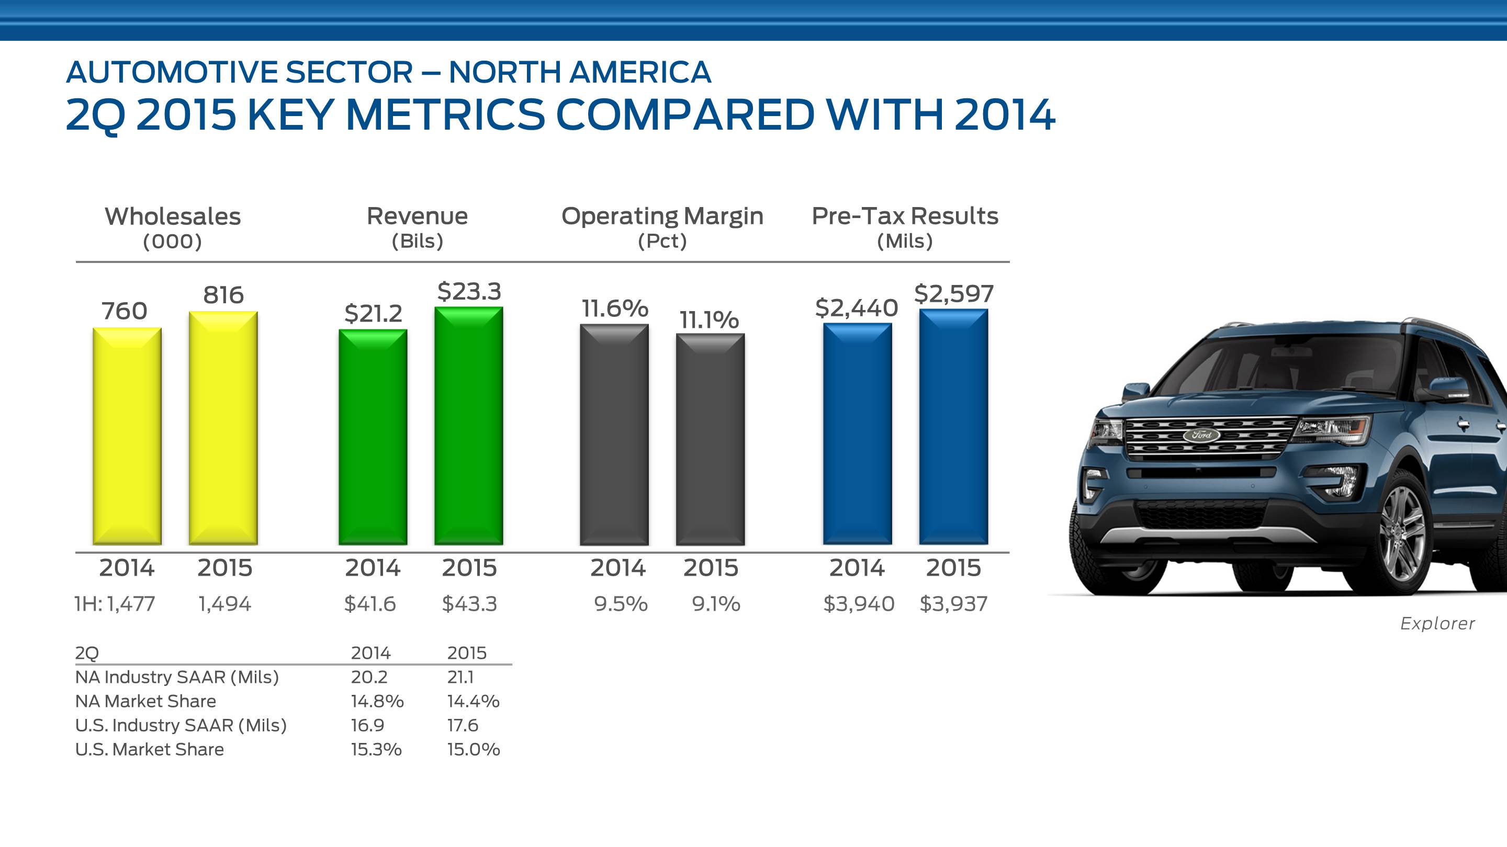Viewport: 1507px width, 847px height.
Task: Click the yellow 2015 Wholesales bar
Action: (223, 428)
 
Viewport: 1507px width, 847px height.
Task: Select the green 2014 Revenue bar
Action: (373, 437)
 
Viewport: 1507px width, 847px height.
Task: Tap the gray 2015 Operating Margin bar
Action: (710, 439)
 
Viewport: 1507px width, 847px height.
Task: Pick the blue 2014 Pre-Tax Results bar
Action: (857, 434)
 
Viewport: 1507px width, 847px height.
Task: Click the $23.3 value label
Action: (469, 291)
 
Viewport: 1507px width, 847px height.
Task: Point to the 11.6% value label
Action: (615, 308)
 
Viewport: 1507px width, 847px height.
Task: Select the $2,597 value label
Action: (953, 293)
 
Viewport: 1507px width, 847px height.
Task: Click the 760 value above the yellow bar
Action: (125, 311)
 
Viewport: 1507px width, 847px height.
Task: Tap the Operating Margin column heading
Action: (662, 216)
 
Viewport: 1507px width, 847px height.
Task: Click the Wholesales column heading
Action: (173, 216)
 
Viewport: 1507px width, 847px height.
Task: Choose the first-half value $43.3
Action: (469, 603)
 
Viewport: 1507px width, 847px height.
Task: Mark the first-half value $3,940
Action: (859, 603)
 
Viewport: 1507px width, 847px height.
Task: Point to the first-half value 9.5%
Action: (621, 603)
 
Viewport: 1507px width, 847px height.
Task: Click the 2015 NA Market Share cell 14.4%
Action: (473, 701)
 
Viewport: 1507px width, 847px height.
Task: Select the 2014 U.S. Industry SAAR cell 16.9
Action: (367, 725)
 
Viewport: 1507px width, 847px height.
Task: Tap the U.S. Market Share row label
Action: (150, 749)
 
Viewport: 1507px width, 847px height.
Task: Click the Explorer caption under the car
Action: (1437, 624)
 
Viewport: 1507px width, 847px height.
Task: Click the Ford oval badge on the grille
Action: (1201, 435)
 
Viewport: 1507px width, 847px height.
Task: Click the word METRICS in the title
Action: (445, 115)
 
